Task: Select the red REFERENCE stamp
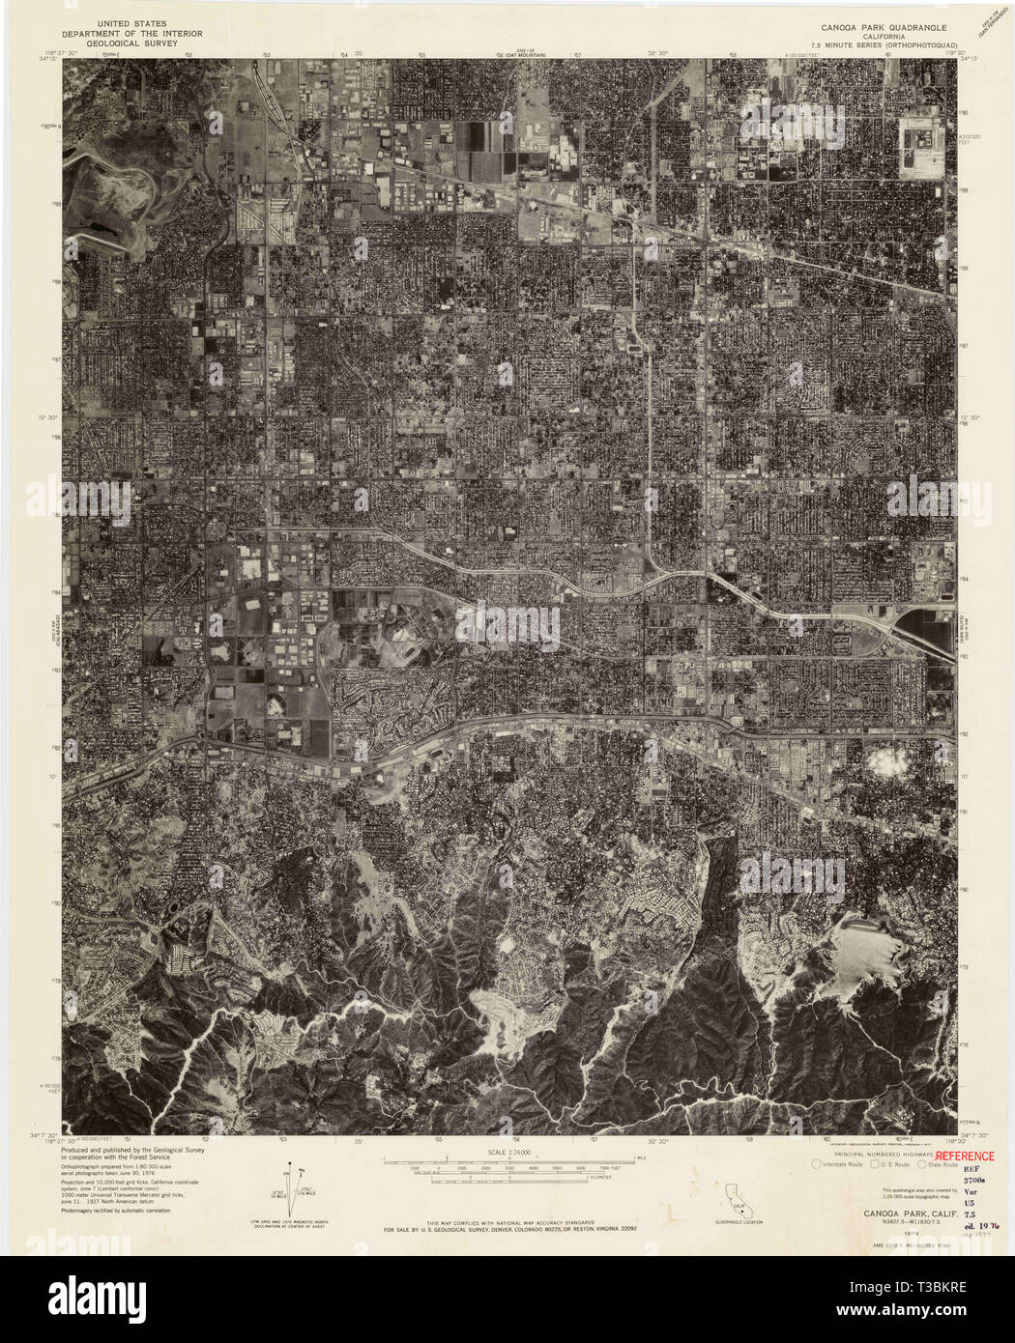(964, 1156)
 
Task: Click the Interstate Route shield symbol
(817, 1164)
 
